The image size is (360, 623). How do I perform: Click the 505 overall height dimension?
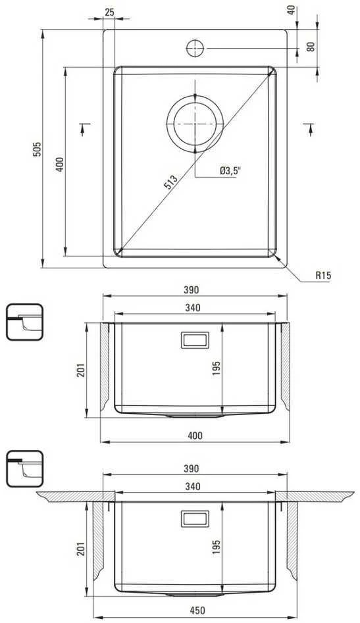pyautogui.click(x=37, y=149)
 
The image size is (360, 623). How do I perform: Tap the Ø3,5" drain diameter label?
pyautogui.click(x=230, y=171)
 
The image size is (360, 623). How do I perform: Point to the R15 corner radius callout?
pyautogui.click(x=323, y=275)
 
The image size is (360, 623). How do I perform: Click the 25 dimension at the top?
pyautogui.click(x=109, y=12)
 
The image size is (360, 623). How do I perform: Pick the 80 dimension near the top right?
pyautogui.click(x=311, y=47)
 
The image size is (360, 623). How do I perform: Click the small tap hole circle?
pyautogui.click(x=195, y=48)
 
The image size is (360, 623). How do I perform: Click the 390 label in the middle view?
pyautogui.click(x=191, y=290)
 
